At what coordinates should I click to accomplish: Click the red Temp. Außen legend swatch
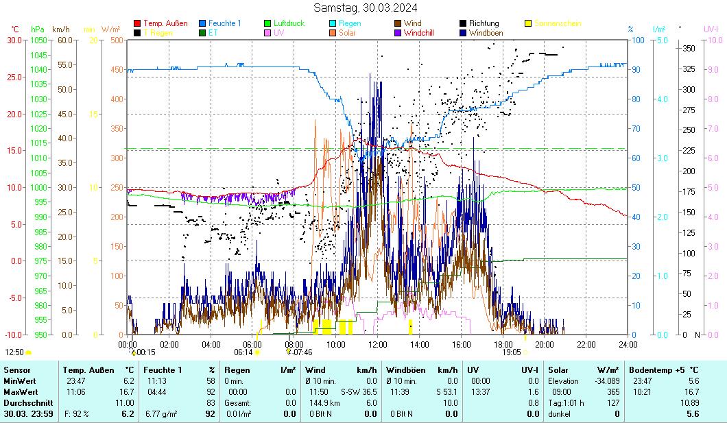[x=137, y=23]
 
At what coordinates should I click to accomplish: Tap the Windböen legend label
[x=485, y=32]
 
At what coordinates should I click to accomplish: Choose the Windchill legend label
[x=423, y=32]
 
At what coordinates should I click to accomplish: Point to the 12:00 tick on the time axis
[x=378, y=344]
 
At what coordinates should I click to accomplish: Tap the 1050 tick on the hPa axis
[x=38, y=40]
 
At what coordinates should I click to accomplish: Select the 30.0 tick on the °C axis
[x=14, y=40]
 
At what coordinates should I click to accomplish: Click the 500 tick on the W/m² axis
[x=117, y=40]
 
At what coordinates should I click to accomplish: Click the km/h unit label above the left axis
[x=60, y=29]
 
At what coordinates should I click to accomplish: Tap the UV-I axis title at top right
[x=711, y=29]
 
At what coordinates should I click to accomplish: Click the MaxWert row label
[x=20, y=392]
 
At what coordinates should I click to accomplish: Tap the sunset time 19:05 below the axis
[x=512, y=352]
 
